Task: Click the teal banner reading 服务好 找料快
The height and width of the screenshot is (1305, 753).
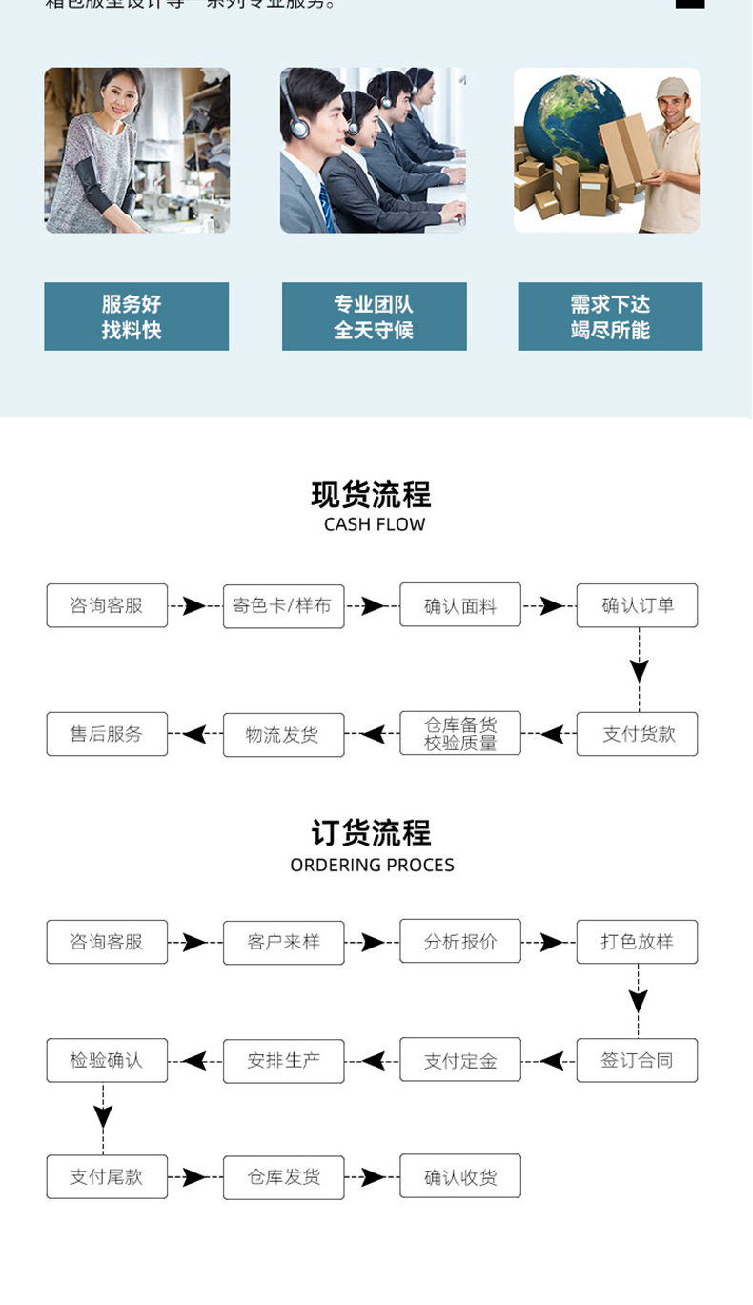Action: [x=136, y=316]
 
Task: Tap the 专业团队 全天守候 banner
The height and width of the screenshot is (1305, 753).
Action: [x=374, y=316]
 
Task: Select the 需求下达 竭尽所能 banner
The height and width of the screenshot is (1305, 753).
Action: [x=610, y=316]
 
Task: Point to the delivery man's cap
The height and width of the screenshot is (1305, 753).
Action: [x=671, y=89]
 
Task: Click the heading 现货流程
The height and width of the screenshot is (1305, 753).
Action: [x=372, y=495]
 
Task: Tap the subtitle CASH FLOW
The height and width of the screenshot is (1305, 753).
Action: [x=374, y=524]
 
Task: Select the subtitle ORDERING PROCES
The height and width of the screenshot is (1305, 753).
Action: [x=372, y=866]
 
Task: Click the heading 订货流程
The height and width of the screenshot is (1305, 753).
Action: [x=372, y=833]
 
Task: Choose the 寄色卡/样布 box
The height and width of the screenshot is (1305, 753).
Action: [x=283, y=605]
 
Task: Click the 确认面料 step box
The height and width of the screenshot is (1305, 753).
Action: [x=460, y=605]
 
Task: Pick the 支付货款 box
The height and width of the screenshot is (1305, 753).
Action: [x=637, y=734]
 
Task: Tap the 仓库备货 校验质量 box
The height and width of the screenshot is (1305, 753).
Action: [x=460, y=734]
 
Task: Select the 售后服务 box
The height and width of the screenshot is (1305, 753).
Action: [x=107, y=734]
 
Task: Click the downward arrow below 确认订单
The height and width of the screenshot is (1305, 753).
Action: [x=639, y=669]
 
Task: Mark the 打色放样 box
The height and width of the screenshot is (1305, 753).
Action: [x=637, y=942]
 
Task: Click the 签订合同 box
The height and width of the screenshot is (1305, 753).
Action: [x=637, y=1060]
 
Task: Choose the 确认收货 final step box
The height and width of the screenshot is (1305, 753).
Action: [x=460, y=1177]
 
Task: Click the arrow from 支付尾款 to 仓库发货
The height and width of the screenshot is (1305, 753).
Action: [x=194, y=1177]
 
